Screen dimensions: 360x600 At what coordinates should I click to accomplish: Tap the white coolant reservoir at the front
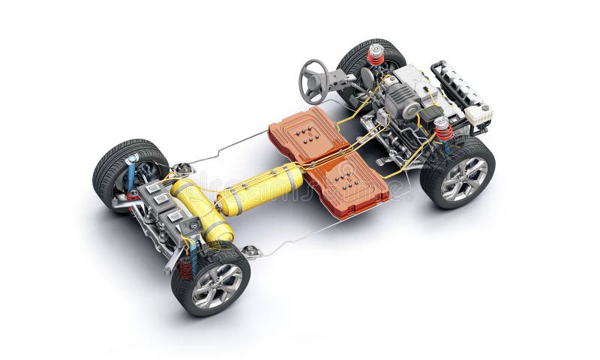tap(478, 115)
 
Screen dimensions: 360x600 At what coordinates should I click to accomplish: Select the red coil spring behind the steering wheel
tap(376, 55)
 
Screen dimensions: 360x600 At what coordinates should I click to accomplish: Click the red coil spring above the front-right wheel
tap(444, 129)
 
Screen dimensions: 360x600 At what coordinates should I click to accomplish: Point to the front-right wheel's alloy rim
tap(464, 178)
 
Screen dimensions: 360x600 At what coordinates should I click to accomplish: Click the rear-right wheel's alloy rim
tap(217, 286)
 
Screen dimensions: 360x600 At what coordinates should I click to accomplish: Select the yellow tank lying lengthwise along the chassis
tap(259, 189)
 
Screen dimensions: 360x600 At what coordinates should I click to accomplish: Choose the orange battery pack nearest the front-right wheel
tap(347, 182)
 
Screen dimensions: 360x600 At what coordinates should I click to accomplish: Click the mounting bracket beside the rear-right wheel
tap(251, 252)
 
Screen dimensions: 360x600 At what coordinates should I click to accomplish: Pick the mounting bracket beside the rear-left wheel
tap(182, 169)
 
